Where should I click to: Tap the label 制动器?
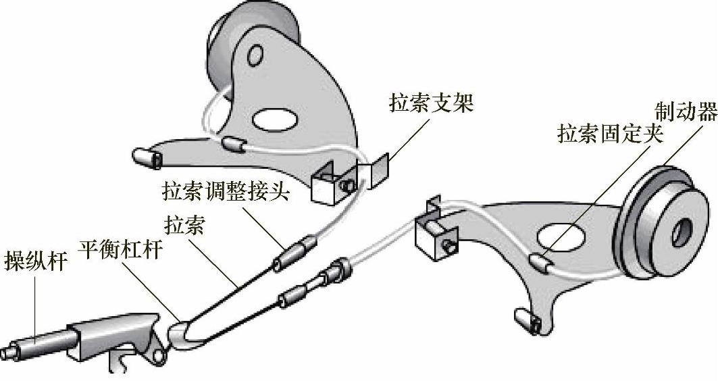pyautogui.click(x=686, y=111)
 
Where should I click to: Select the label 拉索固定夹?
pyautogui.click(x=610, y=133)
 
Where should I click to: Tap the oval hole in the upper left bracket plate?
pyautogui.click(x=276, y=119)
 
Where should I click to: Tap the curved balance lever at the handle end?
pyautogui.click(x=179, y=334)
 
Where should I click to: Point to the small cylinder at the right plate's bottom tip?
pyautogui.click(x=527, y=318)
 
